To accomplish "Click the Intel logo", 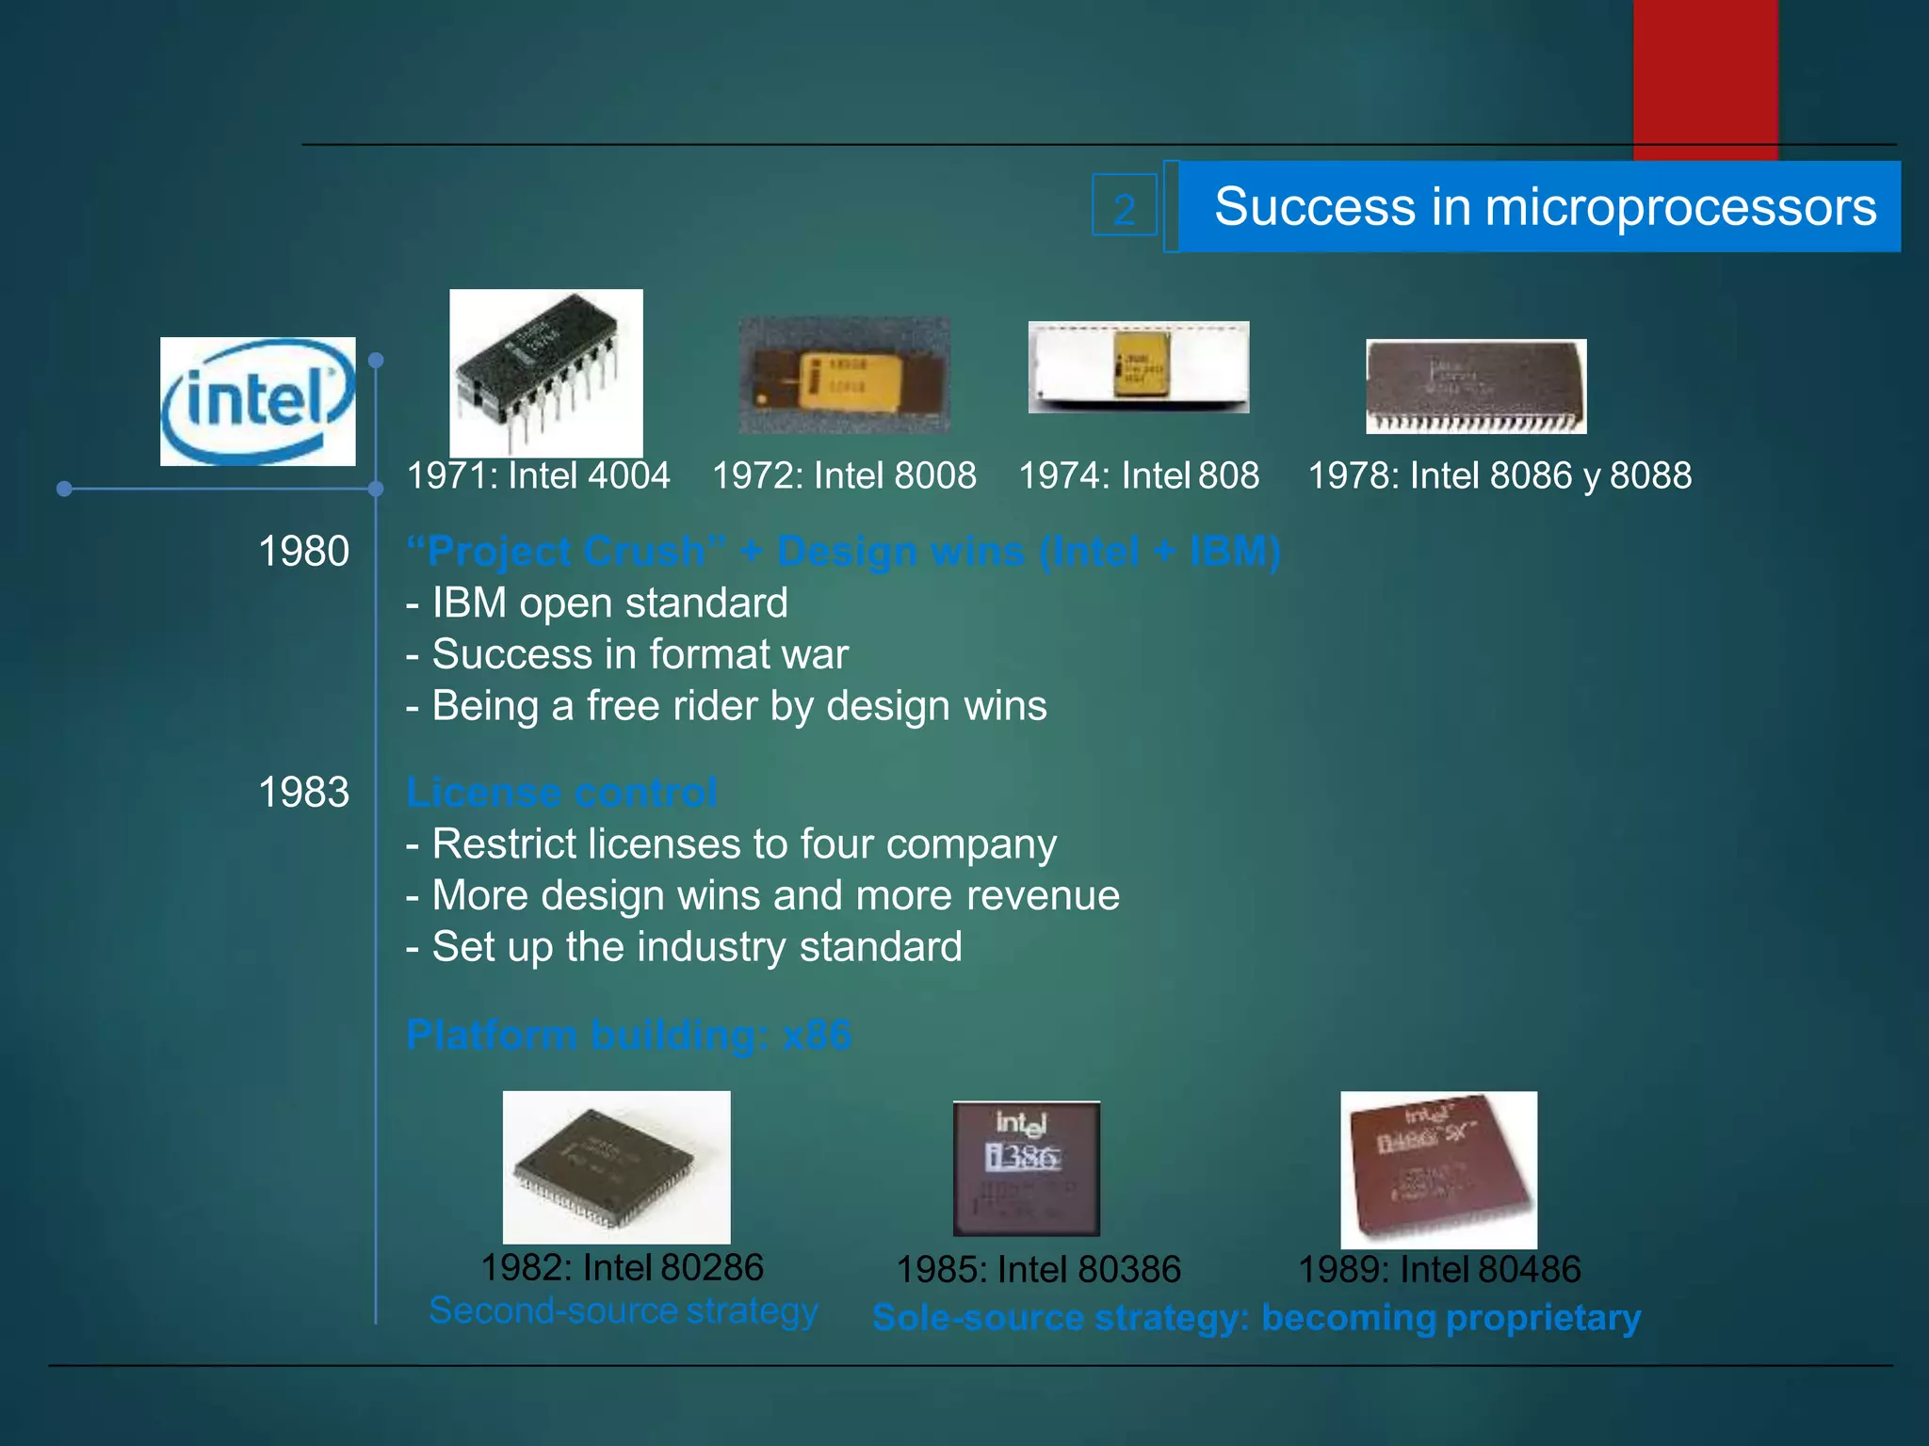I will [x=257, y=401].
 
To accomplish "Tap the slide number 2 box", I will [x=1124, y=205].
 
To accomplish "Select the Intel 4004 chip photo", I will [x=545, y=373].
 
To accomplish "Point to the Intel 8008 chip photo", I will [x=844, y=375].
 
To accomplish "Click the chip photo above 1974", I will [x=1138, y=367].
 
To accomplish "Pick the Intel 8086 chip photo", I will [x=1476, y=386].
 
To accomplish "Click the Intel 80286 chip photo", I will [x=616, y=1167].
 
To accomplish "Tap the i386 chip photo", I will [x=1026, y=1168].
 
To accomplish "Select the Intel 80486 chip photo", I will [x=1438, y=1169].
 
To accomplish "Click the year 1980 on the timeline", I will [x=303, y=552].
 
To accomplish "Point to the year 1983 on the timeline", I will [x=303, y=793].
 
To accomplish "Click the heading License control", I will [x=561, y=793].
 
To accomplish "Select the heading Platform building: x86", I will [x=628, y=1035].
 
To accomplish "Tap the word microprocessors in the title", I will [x=1680, y=207].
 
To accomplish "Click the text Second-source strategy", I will [x=623, y=1310].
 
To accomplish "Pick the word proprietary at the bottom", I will [x=1545, y=1318].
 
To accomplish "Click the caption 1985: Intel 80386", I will [x=1038, y=1269].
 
